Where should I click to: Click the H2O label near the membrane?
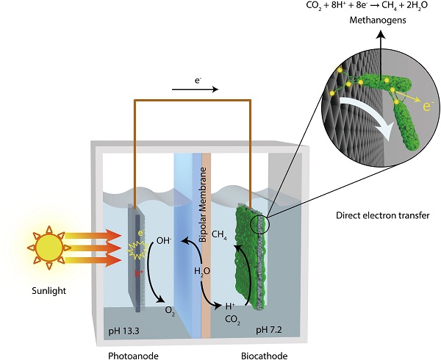201,270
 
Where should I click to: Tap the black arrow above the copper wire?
195,90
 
